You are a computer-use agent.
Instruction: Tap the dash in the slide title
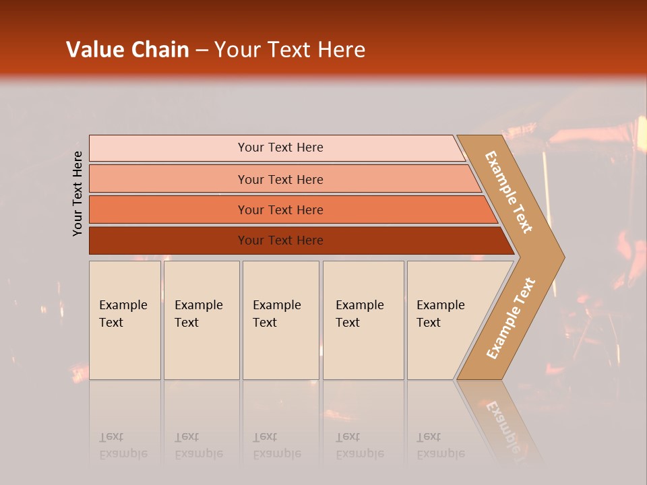click(x=202, y=51)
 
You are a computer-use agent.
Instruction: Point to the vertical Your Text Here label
click(x=78, y=193)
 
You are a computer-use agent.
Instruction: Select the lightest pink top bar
click(x=276, y=148)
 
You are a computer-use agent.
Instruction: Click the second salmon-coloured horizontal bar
click(x=283, y=179)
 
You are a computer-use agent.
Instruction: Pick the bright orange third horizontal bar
click(x=290, y=209)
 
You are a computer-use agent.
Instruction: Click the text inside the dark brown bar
click(x=280, y=240)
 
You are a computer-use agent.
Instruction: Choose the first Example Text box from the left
click(x=125, y=320)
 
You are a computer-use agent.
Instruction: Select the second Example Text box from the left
click(x=202, y=320)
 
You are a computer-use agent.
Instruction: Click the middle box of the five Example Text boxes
click(x=280, y=320)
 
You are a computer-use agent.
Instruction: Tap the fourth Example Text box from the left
click(x=363, y=320)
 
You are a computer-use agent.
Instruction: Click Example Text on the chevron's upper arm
click(x=509, y=192)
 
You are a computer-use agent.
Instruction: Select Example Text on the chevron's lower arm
click(x=511, y=318)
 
